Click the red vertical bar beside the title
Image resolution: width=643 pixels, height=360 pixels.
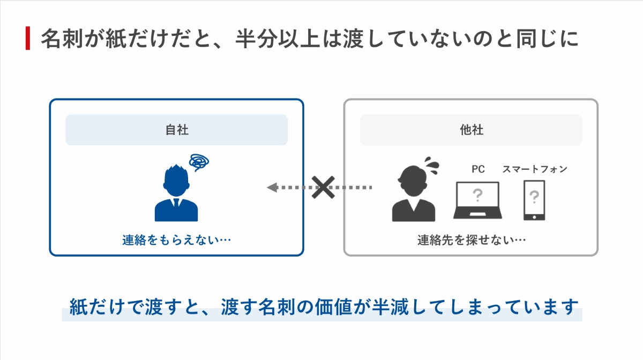pyautogui.click(x=28, y=39)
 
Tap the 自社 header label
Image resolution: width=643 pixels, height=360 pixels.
pyautogui.click(x=176, y=130)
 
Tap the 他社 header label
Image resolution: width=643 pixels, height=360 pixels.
pyautogui.click(x=471, y=130)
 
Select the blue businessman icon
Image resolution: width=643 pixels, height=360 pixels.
pyautogui.click(x=176, y=193)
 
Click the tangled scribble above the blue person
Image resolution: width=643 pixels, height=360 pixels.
pyautogui.click(x=200, y=161)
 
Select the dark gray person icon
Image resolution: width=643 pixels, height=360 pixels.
pyautogui.click(x=413, y=194)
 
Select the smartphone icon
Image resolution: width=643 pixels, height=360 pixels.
pyautogui.click(x=534, y=200)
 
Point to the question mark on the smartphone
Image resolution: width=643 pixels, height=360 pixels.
pyautogui.click(x=534, y=198)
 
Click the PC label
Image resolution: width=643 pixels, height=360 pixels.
pyautogui.click(x=477, y=169)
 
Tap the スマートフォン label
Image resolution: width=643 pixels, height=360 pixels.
pyautogui.click(x=534, y=169)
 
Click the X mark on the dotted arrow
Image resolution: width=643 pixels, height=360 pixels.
pyautogui.click(x=323, y=187)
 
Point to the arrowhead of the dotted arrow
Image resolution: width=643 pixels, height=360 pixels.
pyautogui.click(x=272, y=187)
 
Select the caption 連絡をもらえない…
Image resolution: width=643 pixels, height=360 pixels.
pyautogui.click(x=176, y=241)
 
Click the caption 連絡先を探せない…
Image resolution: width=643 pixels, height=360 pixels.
pyautogui.click(x=471, y=241)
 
